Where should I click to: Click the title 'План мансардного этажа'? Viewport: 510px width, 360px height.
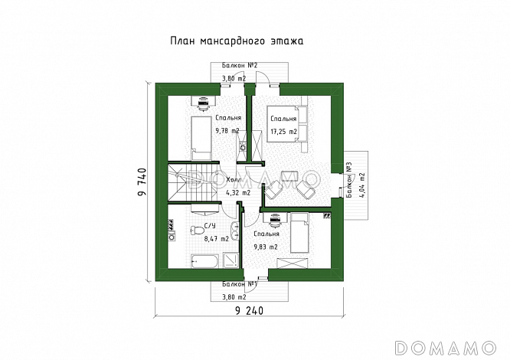click(237, 41)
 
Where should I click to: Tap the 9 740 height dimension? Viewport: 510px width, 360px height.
click(142, 182)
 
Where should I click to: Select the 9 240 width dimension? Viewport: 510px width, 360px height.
click(249, 311)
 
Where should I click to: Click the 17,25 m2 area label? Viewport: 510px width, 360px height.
click(283, 132)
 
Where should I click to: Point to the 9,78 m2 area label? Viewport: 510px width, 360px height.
click(227, 131)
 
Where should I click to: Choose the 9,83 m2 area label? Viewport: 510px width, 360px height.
click(266, 247)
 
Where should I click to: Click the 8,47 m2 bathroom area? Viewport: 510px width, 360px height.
click(217, 239)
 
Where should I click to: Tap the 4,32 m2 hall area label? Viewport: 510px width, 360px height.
click(238, 193)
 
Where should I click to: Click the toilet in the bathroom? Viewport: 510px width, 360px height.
click(197, 231)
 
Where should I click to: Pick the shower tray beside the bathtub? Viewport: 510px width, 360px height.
click(231, 260)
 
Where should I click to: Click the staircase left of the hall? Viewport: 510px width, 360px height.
click(192, 182)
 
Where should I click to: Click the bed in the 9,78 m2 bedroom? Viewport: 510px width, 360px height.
click(201, 139)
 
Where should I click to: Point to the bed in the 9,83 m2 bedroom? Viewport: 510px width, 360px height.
click(299, 233)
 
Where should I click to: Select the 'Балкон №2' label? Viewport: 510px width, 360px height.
click(240, 65)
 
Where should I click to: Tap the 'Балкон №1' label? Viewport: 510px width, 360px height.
click(240, 284)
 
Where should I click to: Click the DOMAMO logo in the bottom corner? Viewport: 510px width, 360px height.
click(446, 348)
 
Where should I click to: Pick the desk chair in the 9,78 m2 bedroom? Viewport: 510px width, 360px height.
click(204, 103)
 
